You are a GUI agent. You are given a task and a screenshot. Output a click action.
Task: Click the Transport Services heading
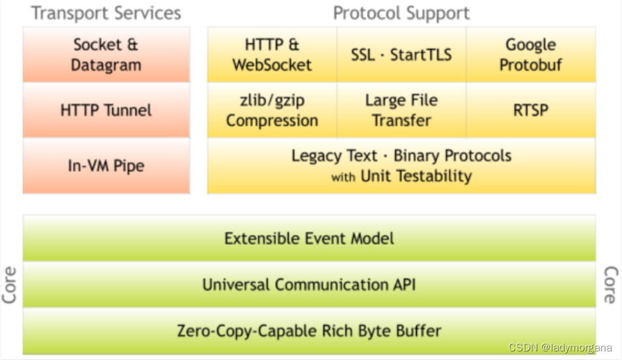pyautogui.click(x=107, y=13)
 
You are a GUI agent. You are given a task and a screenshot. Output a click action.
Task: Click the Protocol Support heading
pyautogui.click(x=401, y=13)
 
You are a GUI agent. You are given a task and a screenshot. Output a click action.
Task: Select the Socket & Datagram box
pyautogui.click(x=107, y=55)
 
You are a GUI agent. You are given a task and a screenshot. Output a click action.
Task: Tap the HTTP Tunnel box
pyautogui.click(x=107, y=110)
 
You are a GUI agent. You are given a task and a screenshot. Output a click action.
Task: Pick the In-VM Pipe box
pyautogui.click(x=107, y=165)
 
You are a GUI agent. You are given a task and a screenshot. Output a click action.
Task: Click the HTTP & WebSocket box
pyautogui.click(x=272, y=55)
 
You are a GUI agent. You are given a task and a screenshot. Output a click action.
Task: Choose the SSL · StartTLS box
pyautogui.click(x=402, y=55)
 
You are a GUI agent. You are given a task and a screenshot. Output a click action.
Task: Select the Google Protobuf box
pyautogui.click(x=531, y=55)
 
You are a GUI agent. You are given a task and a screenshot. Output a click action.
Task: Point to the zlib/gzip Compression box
pyautogui.click(x=272, y=111)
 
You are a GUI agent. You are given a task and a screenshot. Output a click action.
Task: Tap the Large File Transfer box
pyautogui.click(x=402, y=111)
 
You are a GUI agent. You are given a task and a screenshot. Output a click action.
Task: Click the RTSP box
pyautogui.click(x=531, y=111)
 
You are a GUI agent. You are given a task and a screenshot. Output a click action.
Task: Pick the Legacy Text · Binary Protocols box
pyautogui.click(x=402, y=165)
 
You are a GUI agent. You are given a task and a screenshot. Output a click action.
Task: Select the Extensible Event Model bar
pyautogui.click(x=309, y=238)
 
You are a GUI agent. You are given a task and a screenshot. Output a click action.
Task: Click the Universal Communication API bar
pyautogui.click(x=309, y=285)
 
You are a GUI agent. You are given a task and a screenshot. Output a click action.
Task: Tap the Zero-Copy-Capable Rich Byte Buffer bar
pyautogui.click(x=309, y=330)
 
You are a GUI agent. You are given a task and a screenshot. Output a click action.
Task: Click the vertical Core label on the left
pyautogui.click(x=10, y=285)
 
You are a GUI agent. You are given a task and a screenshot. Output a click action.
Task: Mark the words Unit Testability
pyautogui.click(x=416, y=176)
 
